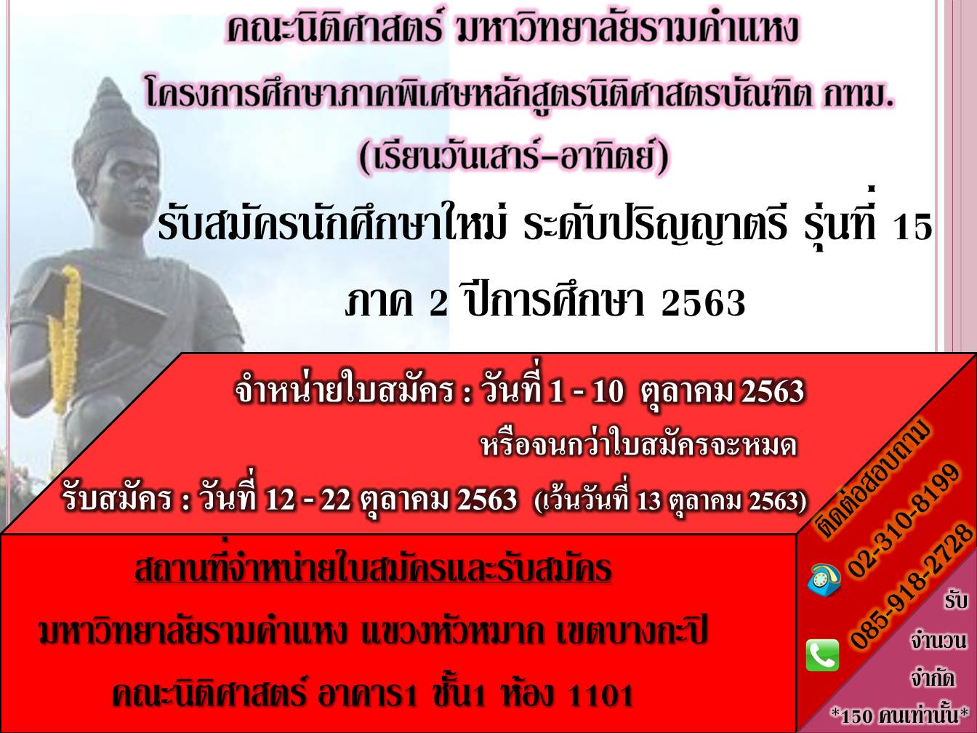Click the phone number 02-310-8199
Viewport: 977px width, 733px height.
pos(904,521)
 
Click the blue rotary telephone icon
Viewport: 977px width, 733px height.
pos(824,580)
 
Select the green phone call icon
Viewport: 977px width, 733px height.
pos(823,655)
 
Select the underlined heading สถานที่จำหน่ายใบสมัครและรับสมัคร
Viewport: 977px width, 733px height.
pos(373,569)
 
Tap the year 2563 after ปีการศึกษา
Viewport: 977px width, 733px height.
pos(703,303)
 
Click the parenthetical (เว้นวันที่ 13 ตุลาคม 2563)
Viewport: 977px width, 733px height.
pos(671,502)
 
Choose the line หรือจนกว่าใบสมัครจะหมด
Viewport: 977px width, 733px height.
pos(639,446)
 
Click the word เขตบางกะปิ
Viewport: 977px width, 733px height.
pos(632,633)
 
